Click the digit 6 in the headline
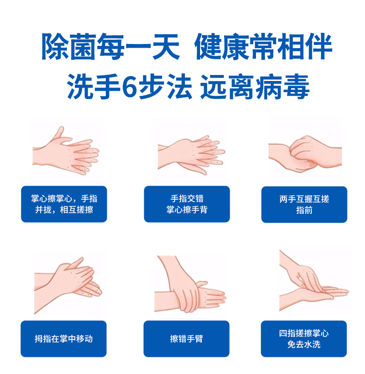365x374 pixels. coord(130,86)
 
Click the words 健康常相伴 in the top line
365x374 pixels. coord(263,46)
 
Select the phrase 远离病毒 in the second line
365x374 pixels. coord(255,86)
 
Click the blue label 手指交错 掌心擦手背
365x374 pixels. coord(187,204)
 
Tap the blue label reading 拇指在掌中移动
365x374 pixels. coord(64,339)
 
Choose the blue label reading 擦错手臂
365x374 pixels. coord(187,339)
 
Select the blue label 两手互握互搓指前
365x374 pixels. coord(304,205)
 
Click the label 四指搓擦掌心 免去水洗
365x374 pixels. coord(304,339)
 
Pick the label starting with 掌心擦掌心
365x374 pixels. coord(64,204)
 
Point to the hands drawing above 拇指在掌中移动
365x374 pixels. coord(68,285)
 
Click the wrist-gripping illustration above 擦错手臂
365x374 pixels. coord(190,284)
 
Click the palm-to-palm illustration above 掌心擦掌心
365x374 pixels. coord(66,151)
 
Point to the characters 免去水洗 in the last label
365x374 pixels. coord(304,344)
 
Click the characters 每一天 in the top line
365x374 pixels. coord(139,46)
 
